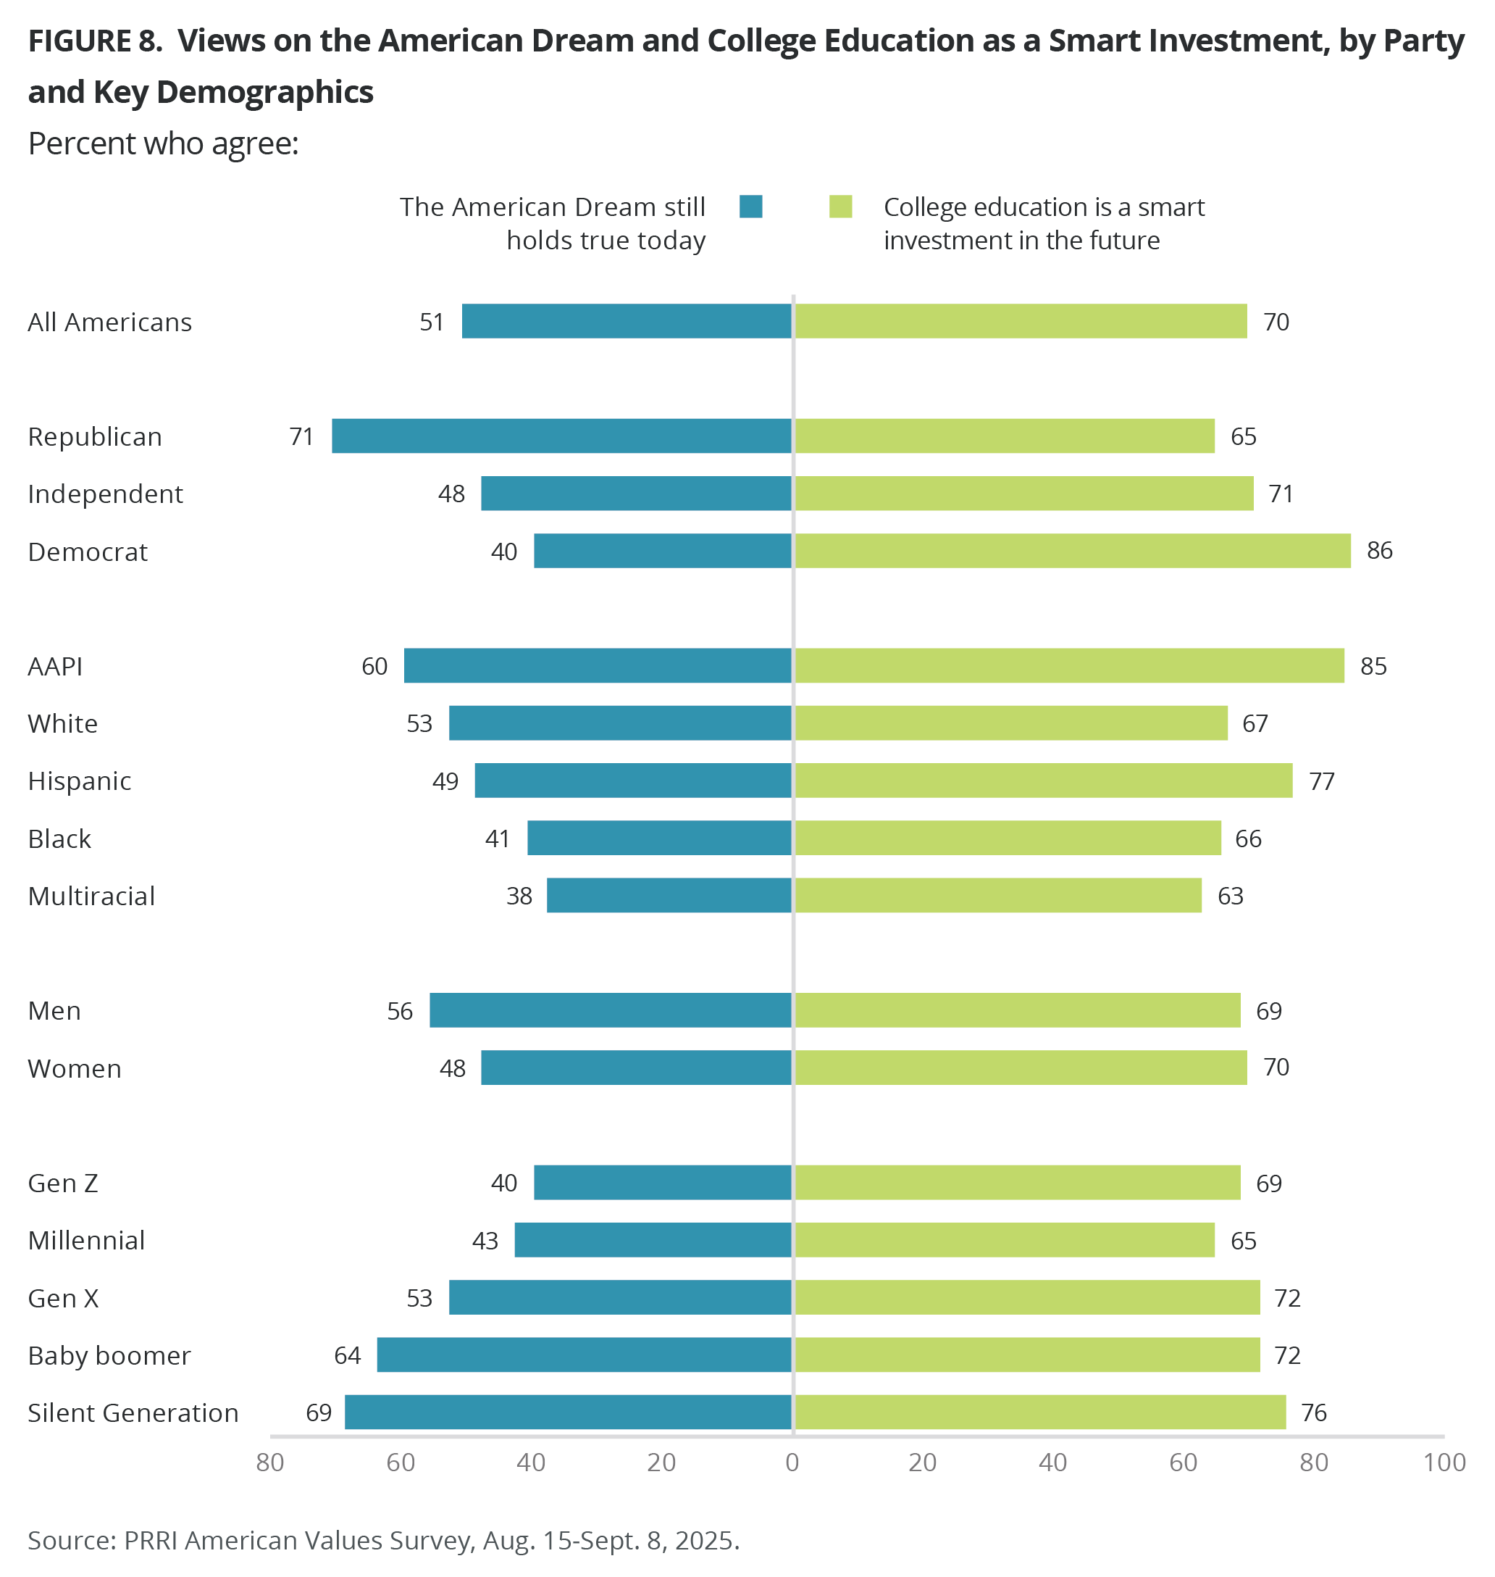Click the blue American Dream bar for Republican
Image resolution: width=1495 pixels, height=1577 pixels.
tap(562, 436)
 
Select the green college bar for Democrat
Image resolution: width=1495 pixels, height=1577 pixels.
tap(1073, 551)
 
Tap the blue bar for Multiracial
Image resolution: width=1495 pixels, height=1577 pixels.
tap(669, 895)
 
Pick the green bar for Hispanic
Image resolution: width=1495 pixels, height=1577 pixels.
tap(1043, 781)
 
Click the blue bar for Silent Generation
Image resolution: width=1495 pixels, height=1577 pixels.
tap(568, 1412)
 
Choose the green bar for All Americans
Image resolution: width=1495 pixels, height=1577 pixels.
tap(1021, 321)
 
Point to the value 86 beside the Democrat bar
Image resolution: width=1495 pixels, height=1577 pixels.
tap(1379, 551)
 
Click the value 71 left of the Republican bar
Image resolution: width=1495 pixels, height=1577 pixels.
tap(301, 437)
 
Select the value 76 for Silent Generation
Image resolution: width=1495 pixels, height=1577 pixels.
tap(1313, 1412)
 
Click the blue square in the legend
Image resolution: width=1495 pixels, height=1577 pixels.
tap(750, 207)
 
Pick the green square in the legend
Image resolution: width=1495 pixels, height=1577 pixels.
tap(841, 207)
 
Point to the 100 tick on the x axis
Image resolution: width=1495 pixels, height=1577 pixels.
tap(1445, 1462)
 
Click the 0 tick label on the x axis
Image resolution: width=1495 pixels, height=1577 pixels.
tap(792, 1462)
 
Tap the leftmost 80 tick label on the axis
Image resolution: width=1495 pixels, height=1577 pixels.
tap(270, 1462)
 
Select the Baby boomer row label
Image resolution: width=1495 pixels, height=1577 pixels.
tap(109, 1355)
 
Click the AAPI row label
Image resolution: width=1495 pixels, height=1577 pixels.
tap(55, 667)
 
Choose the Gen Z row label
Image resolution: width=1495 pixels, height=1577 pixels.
tap(63, 1183)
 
